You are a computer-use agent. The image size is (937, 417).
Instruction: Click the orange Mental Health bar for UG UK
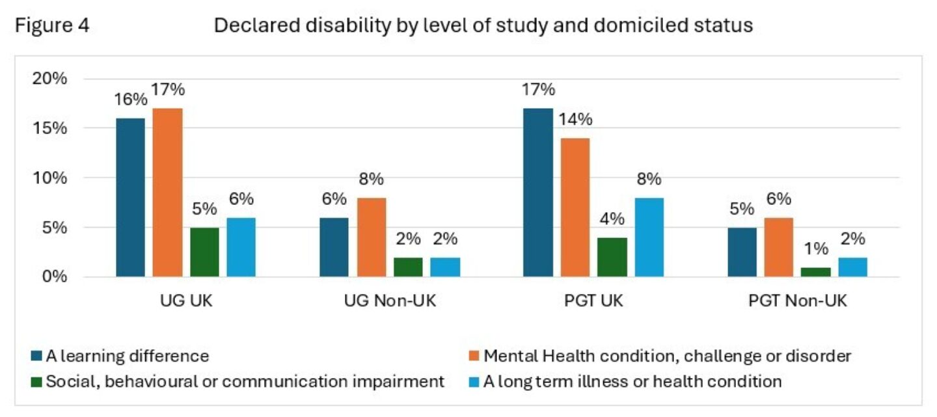(167, 193)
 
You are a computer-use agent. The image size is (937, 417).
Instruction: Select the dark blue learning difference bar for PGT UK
(538, 193)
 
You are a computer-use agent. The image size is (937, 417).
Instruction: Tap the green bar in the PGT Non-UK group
(816, 272)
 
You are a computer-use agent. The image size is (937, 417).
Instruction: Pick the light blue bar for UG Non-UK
(445, 267)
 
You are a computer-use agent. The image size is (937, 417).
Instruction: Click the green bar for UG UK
(204, 252)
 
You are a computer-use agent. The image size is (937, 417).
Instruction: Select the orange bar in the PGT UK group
(575, 208)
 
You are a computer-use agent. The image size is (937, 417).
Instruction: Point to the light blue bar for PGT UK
(649, 237)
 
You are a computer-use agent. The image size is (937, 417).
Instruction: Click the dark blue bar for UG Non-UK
(334, 247)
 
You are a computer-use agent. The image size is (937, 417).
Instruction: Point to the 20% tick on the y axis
(49, 79)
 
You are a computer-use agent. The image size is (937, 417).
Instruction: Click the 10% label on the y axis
(49, 178)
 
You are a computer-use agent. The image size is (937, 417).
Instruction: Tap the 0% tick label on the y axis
(55, 276)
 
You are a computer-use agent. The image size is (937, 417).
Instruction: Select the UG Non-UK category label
(390, 301)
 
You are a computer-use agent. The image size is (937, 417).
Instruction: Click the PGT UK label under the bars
(593, 301)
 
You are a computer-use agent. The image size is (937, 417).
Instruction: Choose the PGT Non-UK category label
(797, 301)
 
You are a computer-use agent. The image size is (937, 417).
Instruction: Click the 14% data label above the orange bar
(576, 120)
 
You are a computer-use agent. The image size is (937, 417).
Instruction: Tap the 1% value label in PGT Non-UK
(816, 249)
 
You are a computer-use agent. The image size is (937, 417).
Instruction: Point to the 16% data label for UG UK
(131, 100)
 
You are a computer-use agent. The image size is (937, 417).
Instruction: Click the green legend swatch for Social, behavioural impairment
(36, 382)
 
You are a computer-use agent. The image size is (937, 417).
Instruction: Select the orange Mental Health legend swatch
(474, 356)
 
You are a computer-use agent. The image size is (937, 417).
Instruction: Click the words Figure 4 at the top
(52, 25)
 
